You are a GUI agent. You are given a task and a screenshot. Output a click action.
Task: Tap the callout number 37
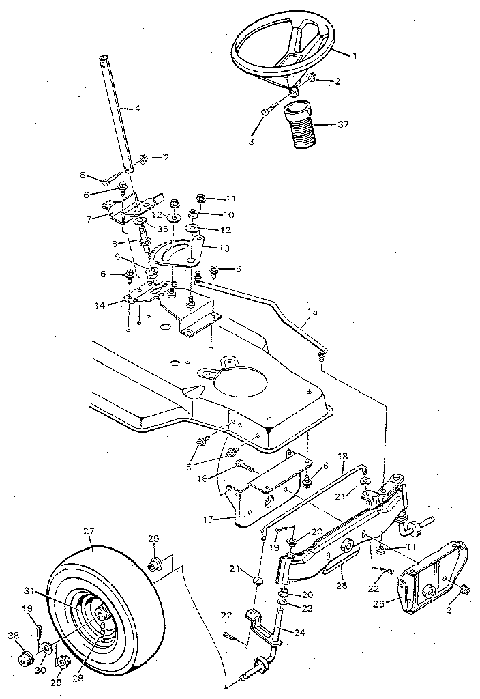tap(343, 124)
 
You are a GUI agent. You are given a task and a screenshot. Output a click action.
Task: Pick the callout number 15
tap(312, 312)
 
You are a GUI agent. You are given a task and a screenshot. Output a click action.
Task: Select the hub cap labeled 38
tap(25, 658)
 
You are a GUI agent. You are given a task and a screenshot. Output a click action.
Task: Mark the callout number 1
tap(353, 57)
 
